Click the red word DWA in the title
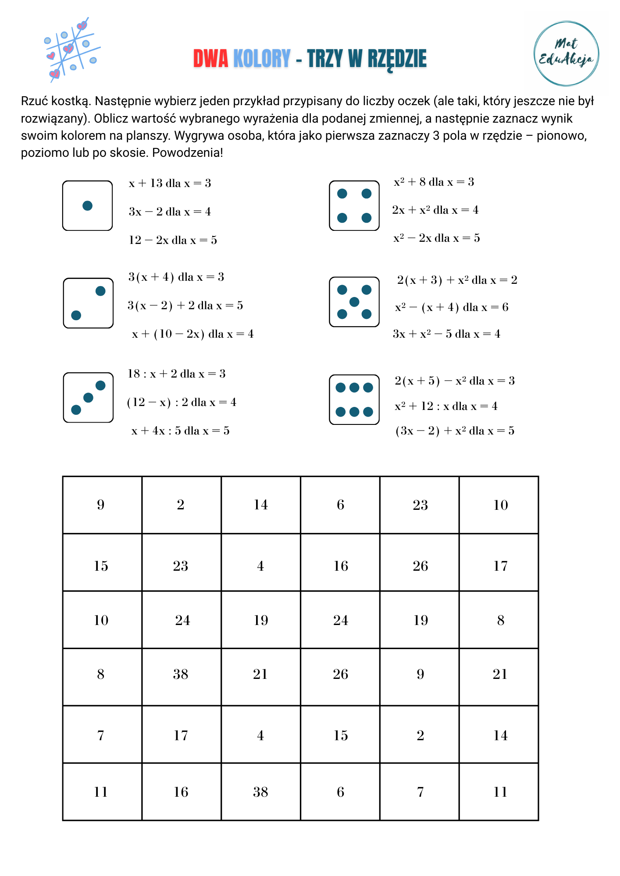click(x=210, y=59)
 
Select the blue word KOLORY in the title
click(x=262, y=59)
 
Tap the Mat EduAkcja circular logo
click(x=566, y=53)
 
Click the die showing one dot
click(x=88, y=205)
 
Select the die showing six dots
click(x=354, y=399)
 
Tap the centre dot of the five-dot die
click(x=354, y=302)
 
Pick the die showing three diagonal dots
click(x=88, y=397)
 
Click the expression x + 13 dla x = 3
click(x=170, y=184)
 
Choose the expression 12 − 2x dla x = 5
click(x=173, y=240)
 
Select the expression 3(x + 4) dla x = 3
click(x=176, y=277)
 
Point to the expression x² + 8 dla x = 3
click(x=434, y=182)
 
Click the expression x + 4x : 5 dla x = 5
click(x=180, y=431)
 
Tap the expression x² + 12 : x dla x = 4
click(x=446, y=406)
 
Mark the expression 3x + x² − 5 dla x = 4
click(x=446, y=334)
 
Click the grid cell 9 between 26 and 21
click(x=420, y=674)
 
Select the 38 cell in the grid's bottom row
click(x=260, y=792)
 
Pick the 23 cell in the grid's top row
click(x=420, y=505)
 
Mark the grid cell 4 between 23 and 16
click(x=260, y=566)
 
